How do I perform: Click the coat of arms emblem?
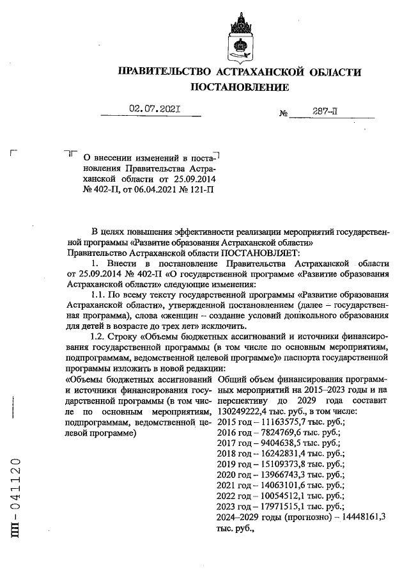[x=240, y=38]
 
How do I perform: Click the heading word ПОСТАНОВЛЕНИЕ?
[x=240, y=86]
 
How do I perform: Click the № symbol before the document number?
[x=284, y=114]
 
